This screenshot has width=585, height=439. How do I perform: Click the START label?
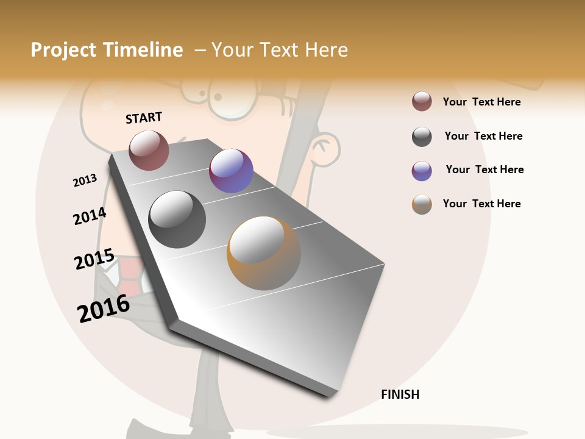[144, 118]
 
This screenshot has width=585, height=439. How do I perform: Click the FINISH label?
[400, 394]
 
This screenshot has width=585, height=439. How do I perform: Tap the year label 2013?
[85, 180]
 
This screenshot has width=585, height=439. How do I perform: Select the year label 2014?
[90, 216]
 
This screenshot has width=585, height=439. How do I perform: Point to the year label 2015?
[94, 259]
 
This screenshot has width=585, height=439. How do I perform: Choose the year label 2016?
[104, 308]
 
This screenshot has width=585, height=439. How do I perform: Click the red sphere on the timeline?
[149, 150]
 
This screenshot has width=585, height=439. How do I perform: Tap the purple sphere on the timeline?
[231, 171]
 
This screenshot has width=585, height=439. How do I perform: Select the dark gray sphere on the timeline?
[177, 220]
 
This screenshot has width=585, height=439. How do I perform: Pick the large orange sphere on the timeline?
[264, 253]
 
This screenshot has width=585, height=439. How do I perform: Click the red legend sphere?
[422, 101]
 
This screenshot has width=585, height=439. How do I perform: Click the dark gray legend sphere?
[422, 137]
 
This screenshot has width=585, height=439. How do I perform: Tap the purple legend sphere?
[422, 171]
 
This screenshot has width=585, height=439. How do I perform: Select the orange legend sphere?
[422, 204]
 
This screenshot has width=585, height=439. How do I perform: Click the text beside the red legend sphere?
[481, 102]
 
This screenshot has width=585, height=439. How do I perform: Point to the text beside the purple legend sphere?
[484, 170]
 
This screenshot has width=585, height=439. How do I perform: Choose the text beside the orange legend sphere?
[481, 204]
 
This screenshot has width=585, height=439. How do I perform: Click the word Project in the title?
[63, 50]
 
